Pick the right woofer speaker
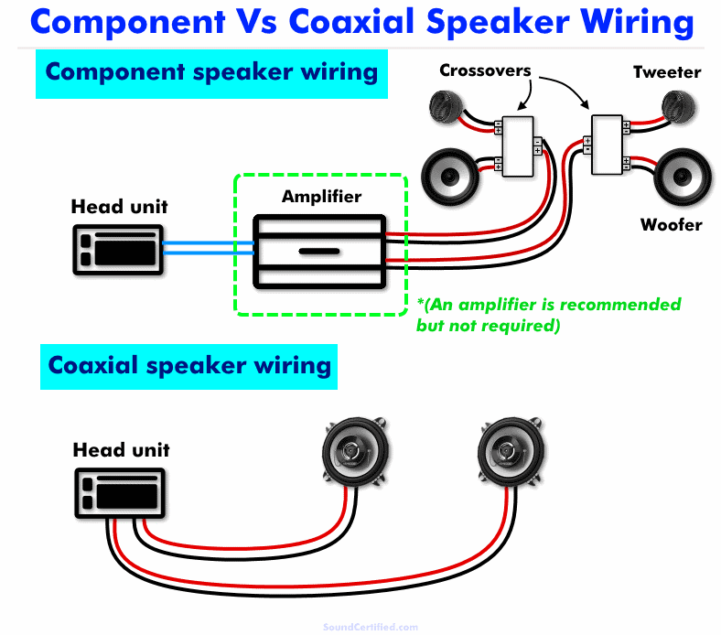(681, 175)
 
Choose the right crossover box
(608, 145)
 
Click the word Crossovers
(486, 70)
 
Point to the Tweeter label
(667, 72)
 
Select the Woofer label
(671, 224)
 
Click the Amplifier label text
(321, 197)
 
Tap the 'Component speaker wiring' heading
(210, 71)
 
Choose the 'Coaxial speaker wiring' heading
(188, 365)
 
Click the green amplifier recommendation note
(548, 314)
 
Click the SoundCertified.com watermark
(370, 627)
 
